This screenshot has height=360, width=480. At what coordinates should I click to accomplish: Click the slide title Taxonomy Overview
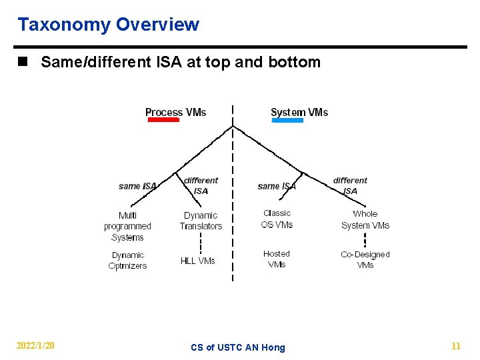pyautogui.click(x=108, y=25)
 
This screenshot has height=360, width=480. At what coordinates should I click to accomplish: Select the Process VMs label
pyautogui.click(x=175, y=112)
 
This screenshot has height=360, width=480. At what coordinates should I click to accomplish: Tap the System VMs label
pyautogui.click(x=299, y=112)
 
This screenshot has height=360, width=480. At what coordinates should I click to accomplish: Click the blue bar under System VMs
pyautogui.click(x=287, y=121)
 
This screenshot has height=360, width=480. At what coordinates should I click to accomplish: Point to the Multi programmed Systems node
pyautogui.click(x=127, y=226)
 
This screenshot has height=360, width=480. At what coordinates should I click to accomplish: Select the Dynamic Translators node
pyautogui.click(x=201, y=221)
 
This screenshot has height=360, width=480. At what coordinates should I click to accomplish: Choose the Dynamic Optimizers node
pyautogui.click(x=127, y=261)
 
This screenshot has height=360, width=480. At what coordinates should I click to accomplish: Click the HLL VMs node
pyautogui.click(x=198, y=261)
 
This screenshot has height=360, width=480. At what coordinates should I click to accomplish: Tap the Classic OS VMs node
pyautogui.click(x=277, y=219)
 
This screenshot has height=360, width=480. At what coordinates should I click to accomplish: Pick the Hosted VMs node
pyautogui.click(x=277, y=259)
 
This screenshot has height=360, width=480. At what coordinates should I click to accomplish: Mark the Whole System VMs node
pyautogui.click(x=365, y=219)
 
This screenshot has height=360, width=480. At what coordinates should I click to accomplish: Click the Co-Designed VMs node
pyautogui.click(x=365, y=259)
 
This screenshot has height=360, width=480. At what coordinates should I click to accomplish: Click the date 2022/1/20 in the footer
pyautogui.click(x=35, y=346)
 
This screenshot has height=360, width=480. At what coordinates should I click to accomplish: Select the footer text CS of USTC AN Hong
pyautogui.click(x=237, y=347)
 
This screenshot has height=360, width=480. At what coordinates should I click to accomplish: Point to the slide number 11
pyautogui.click(x=456, y=346)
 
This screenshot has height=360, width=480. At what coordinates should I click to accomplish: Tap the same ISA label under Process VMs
pyautogui.click(x=137, y=186)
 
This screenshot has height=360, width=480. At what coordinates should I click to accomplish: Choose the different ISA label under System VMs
pyautogui.click(x=350, y=185)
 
